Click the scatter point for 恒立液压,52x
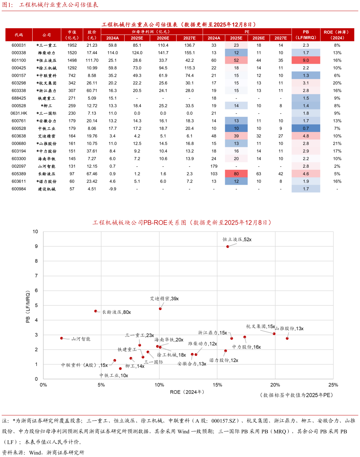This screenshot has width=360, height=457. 228,246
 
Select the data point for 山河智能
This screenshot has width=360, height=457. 62,338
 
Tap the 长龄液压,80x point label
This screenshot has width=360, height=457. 116,312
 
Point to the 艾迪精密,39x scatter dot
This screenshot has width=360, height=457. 160,309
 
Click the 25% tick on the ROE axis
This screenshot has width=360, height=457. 333,385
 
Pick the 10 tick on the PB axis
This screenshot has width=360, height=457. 35,232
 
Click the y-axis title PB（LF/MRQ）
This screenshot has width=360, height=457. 28,307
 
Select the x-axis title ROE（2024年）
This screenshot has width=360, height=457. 188,392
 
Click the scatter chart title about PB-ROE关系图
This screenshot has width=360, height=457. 183,223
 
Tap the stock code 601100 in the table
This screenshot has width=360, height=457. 19,60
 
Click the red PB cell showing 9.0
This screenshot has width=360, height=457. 306,60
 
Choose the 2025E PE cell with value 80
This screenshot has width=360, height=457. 236,174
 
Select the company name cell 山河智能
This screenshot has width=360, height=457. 47,166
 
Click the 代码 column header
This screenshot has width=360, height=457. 19,35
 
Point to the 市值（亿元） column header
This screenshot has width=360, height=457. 72,35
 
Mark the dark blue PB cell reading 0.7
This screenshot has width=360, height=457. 306,128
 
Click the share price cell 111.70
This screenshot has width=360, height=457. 92,60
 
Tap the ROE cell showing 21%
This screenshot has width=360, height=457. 337,143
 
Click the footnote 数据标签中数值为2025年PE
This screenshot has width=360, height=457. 297,395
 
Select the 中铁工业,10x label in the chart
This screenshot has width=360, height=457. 114,376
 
